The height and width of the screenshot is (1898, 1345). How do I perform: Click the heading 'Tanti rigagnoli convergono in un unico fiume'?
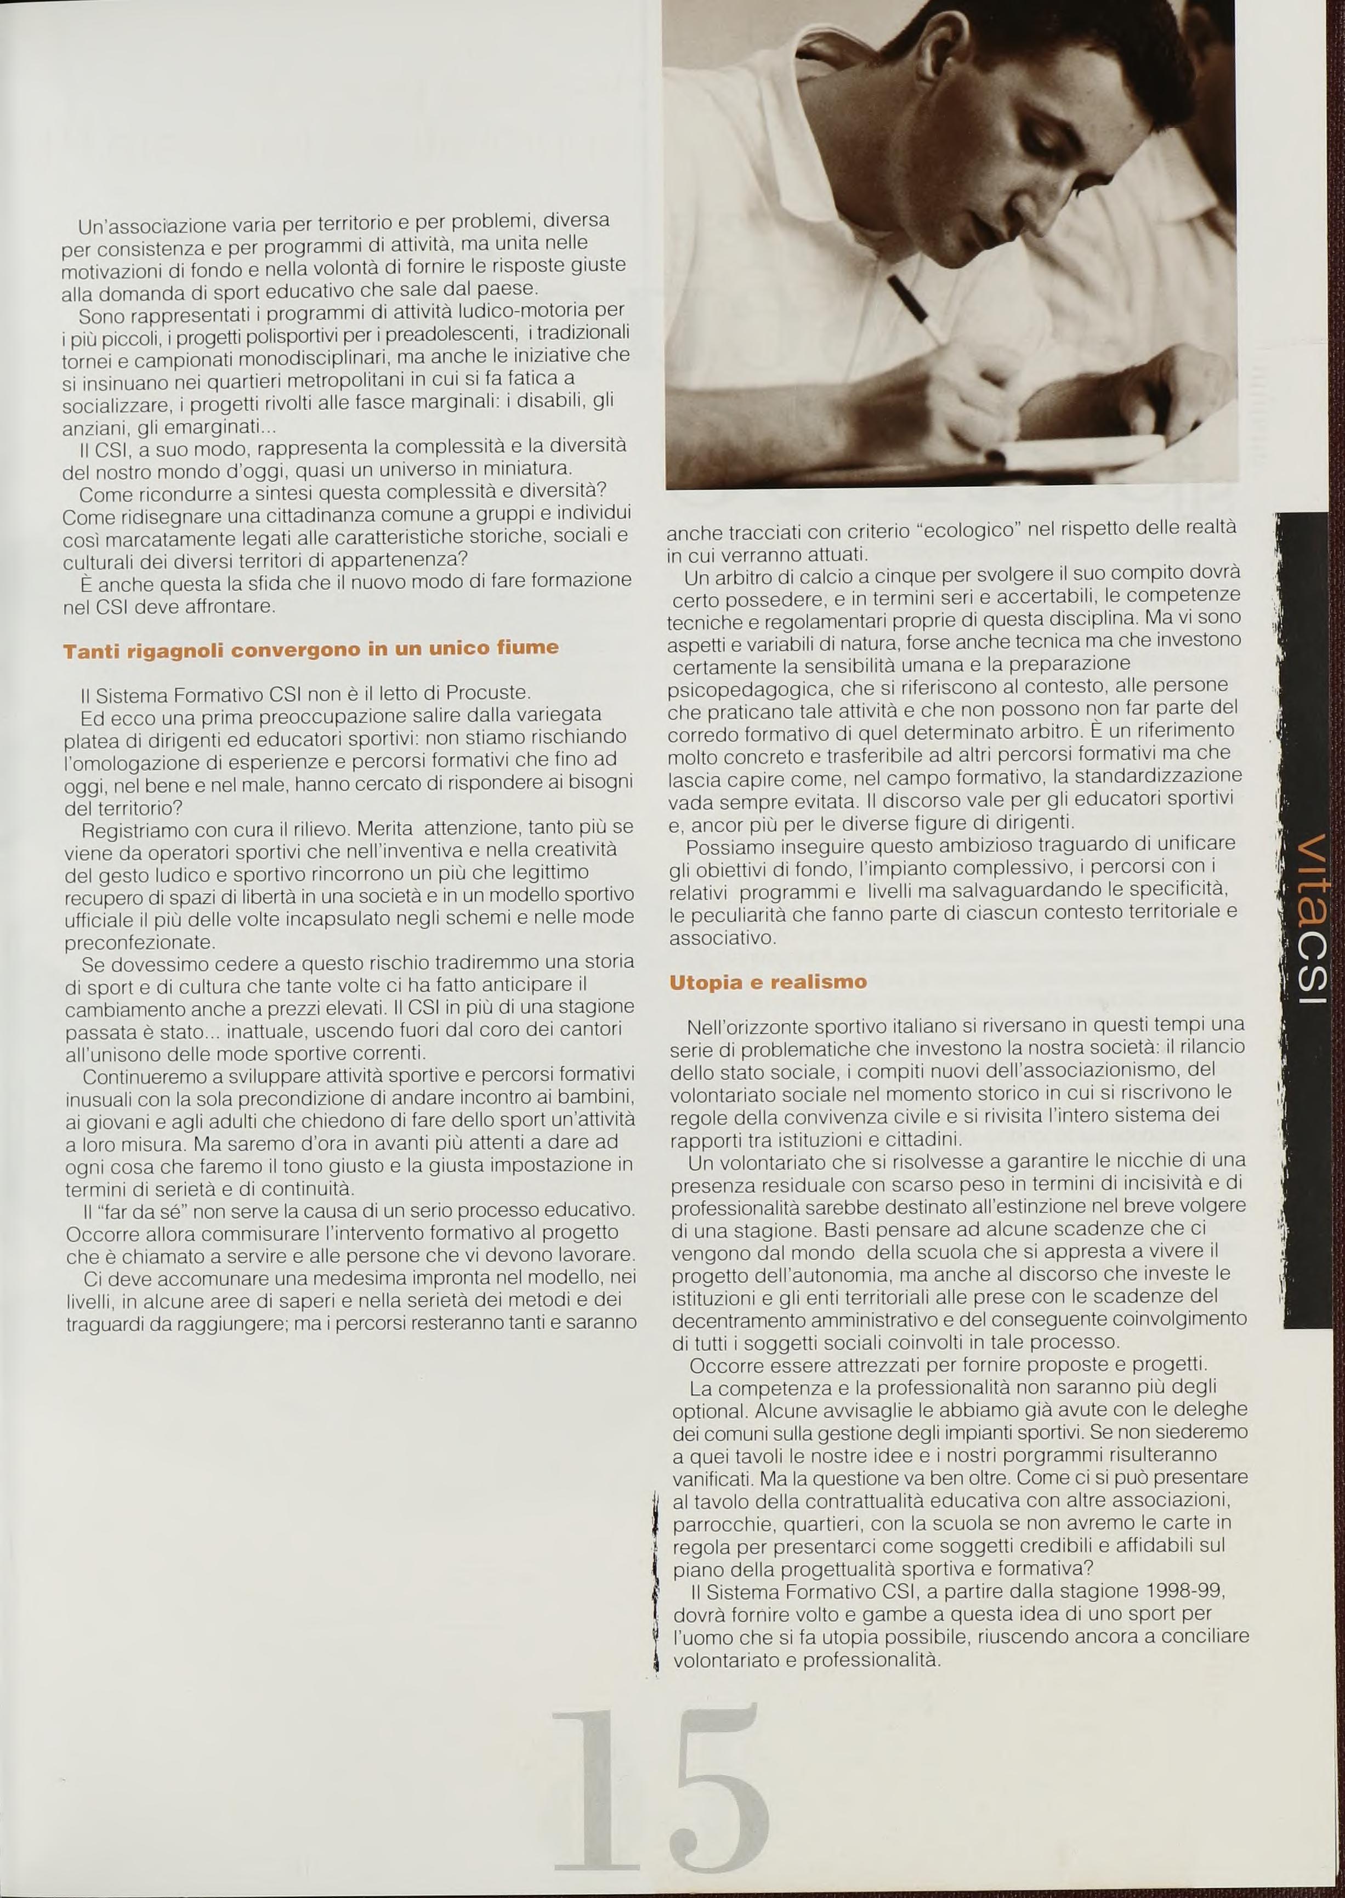(310, 649)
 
